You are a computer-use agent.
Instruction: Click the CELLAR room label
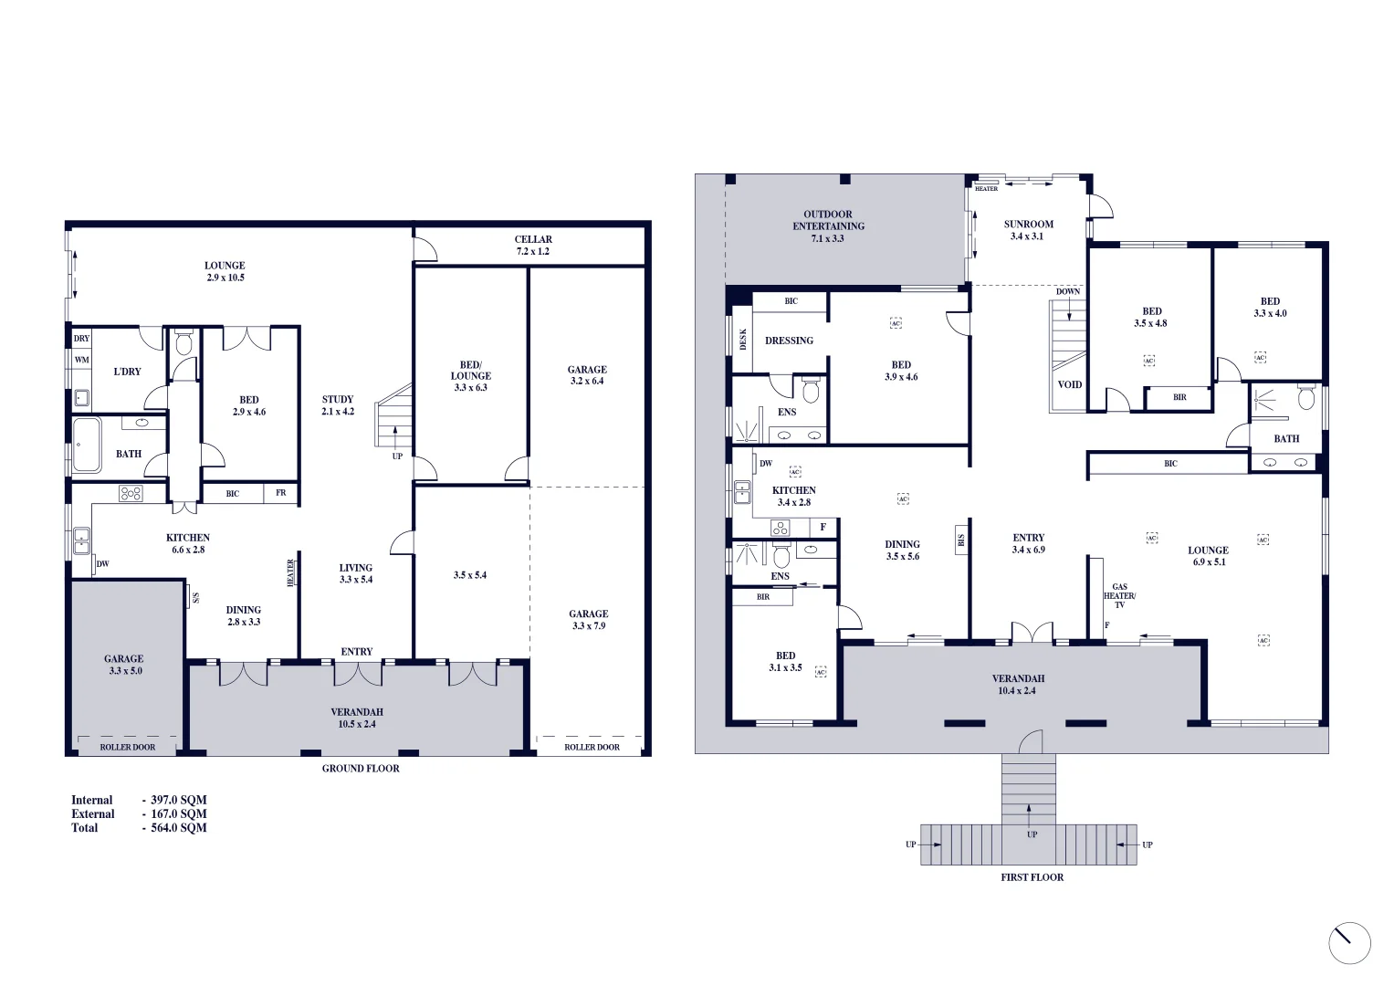(x=533, y=245)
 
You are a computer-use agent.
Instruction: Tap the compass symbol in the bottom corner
(x=1349, y=943)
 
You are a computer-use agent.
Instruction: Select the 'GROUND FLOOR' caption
(x=361, y=769)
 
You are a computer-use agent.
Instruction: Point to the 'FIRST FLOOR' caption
(x=1032, y=877)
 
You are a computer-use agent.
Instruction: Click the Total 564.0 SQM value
(x=179, y=828)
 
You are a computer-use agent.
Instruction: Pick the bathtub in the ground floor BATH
(x=87, y=445)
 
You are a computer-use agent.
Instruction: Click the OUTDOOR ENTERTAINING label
(x=828, y=226)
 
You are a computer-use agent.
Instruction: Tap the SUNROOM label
(x=1028, y=230)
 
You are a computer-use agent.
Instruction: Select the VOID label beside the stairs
(x=1069, y=384)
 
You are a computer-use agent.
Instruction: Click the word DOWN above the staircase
(x=1068, y=291)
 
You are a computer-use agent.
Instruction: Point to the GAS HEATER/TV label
(x=1119, y=596)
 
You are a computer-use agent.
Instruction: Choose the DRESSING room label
(x=789, y=341)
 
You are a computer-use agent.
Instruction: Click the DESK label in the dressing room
(x=743, y=339)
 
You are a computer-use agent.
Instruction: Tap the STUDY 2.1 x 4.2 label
(x=337, y=405)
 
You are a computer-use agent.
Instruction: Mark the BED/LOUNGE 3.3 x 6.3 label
(x=470, y=376)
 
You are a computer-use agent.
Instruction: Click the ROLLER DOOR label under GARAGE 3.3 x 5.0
(x=128, y=747)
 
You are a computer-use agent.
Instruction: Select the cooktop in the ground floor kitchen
(x=131, y=493)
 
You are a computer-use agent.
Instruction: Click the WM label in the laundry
(x=82, y=360)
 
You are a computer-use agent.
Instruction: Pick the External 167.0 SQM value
(x=179, y=814)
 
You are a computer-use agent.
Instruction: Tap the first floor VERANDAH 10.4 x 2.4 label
(x=1018, y=685)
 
